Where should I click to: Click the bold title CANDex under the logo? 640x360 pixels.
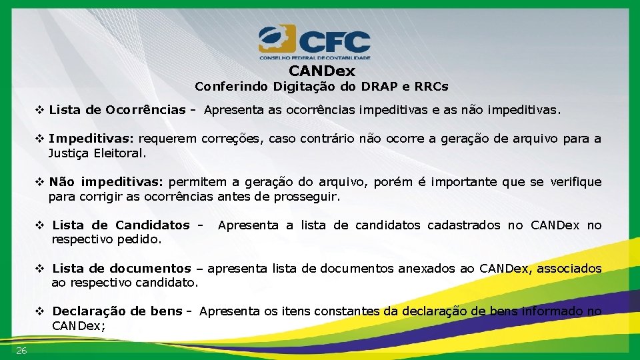[x=322, y=71]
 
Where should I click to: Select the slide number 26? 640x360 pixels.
[x=22, y=351]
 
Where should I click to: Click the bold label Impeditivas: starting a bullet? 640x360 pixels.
[x=91, y=139]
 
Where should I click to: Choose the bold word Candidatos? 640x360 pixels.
[x=153, y=225]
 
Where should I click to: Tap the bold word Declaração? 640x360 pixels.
[x=90, y=311]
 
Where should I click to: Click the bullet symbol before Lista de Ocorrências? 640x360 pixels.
[x=40, y=109]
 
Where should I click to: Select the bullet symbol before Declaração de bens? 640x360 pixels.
[x=40, y=311]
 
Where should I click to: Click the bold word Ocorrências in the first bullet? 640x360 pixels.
[x=145, y=109]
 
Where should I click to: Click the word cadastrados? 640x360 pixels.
[x=467, y=225]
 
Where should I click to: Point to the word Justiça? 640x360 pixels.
[x=67, y=153]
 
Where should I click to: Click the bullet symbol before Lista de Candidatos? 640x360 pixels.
[x=40, y=225]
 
